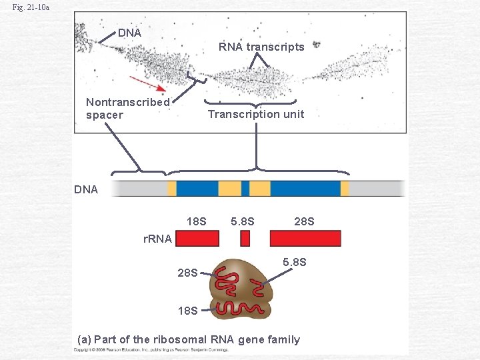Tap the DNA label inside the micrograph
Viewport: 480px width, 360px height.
point(129,33)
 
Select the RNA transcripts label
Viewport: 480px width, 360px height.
point(261,47)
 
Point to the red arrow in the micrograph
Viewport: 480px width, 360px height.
point(148,83)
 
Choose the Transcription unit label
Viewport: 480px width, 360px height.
point(256,114)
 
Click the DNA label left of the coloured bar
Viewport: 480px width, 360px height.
point(86,189)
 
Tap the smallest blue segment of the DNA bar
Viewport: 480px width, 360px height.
point(245,188)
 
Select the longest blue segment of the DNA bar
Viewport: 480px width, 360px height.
point(305,188)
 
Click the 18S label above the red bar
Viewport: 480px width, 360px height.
point(196,221)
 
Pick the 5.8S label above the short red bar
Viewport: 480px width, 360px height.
point(243,221)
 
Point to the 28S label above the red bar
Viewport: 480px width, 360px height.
point(304,221)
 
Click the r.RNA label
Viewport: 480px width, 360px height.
point(158,239)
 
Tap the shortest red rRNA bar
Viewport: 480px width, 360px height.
point(245,239)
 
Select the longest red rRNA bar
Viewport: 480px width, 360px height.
point(305,239)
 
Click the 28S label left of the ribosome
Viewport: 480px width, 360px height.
point(187,272)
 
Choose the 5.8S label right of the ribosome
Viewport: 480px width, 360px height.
point(295,262)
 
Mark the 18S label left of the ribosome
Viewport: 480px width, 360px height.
point(187,310)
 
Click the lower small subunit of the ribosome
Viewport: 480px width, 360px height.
point(239,309)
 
